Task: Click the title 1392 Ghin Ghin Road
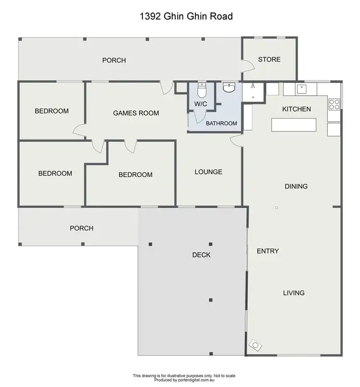[x=186, y=17]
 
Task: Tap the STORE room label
[x=269, y=59]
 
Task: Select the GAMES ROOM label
[x=136, y=113]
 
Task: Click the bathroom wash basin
[x=230, y=88]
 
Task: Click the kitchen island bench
[x=294, y=125]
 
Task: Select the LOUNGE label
[x=208, y=172]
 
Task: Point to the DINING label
[x=296, y=186]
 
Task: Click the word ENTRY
[x=268, y=251]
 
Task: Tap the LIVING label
[x=294, y=293]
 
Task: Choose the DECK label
[x=201, y=255]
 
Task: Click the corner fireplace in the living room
[x=255, y=345]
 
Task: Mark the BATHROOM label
[x=221, y=123]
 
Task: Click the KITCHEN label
[x=296, y=109]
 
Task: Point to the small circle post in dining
[x=276, y=208]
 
